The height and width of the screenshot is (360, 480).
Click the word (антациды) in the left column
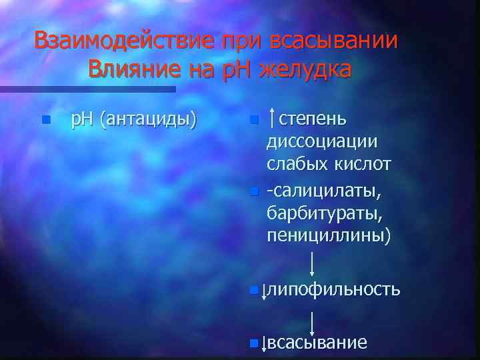147,120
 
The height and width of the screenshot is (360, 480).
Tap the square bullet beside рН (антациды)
45,121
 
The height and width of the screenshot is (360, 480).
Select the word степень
312,120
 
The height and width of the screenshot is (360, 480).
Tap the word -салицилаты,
324,192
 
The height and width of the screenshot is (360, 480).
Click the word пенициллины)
329,235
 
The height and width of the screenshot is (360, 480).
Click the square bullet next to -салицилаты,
253,193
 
